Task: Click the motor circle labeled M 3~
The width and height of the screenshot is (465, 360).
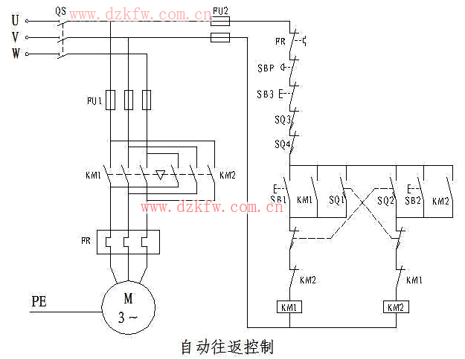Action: coord(128,307)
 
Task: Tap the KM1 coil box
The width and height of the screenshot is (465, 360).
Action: coord(288,307)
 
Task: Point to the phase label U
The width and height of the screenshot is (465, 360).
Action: coord(15,21)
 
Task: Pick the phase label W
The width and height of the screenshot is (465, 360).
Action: coord(16,53)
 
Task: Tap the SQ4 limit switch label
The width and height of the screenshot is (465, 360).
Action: coord(281,144)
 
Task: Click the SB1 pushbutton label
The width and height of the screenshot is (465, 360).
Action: coord(278,200)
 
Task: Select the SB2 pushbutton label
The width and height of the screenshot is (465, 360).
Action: coord(413,201)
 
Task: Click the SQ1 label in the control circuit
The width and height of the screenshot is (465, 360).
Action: coord(337,200)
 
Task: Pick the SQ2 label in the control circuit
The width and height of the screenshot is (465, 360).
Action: coord(385,201)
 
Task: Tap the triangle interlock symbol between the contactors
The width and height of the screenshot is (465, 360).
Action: coord(160,176)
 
